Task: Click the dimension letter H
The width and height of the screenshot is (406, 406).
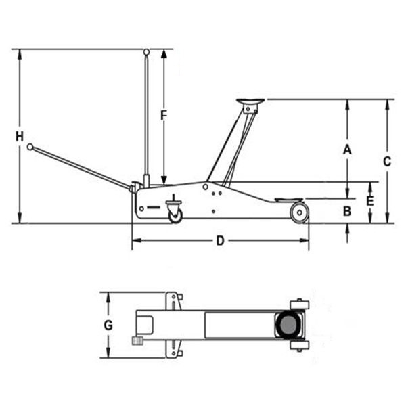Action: (20, 136)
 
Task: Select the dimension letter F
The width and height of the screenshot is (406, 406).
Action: (163, 115)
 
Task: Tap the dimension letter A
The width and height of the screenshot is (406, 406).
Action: (346, 150)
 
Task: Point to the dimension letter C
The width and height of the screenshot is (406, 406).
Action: (386, 161)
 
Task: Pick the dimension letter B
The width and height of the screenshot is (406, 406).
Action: (346, 211)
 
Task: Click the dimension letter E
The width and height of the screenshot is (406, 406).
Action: (369, 202)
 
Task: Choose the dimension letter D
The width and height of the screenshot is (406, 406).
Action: (219, 240)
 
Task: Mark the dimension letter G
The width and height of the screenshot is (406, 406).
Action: (108, 325)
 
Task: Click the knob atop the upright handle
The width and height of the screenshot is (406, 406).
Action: (146, 51)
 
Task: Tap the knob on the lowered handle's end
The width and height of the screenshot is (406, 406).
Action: (30, 146)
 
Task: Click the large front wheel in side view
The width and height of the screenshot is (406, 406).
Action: (298, 213)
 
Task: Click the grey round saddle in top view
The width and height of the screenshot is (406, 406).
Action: (287, 325)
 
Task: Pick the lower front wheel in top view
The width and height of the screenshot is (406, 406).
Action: (298, 346)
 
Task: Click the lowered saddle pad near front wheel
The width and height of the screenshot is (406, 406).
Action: (289, 200)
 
